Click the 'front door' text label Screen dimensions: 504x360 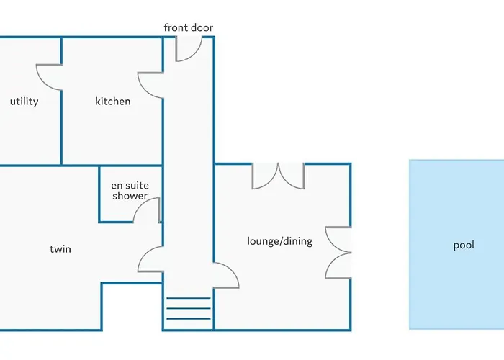point(189,27)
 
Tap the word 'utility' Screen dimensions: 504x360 point(24,102)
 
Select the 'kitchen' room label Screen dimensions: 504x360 point(113,102)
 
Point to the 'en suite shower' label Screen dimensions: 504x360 point(130,191)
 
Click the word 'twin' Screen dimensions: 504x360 point(60,249)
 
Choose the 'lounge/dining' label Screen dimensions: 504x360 point(279,241)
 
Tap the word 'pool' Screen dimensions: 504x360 point(464,246)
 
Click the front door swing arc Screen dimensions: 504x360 point(189,48)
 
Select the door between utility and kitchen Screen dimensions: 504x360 point(49,78)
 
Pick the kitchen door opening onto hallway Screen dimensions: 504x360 point(150,85)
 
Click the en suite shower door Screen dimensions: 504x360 point(147,210)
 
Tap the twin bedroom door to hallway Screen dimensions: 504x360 point(150,259)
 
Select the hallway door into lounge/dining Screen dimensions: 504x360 point(226,275)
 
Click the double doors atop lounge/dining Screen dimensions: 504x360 point(279,176)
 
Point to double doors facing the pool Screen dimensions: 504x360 point(338,253)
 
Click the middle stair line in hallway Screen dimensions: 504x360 point(189,309)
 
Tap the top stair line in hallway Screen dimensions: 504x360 point(189,298)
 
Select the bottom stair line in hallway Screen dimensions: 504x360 point(189,319)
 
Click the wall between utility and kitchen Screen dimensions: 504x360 point(61,127)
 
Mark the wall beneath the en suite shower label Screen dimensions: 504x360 point(116,222)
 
